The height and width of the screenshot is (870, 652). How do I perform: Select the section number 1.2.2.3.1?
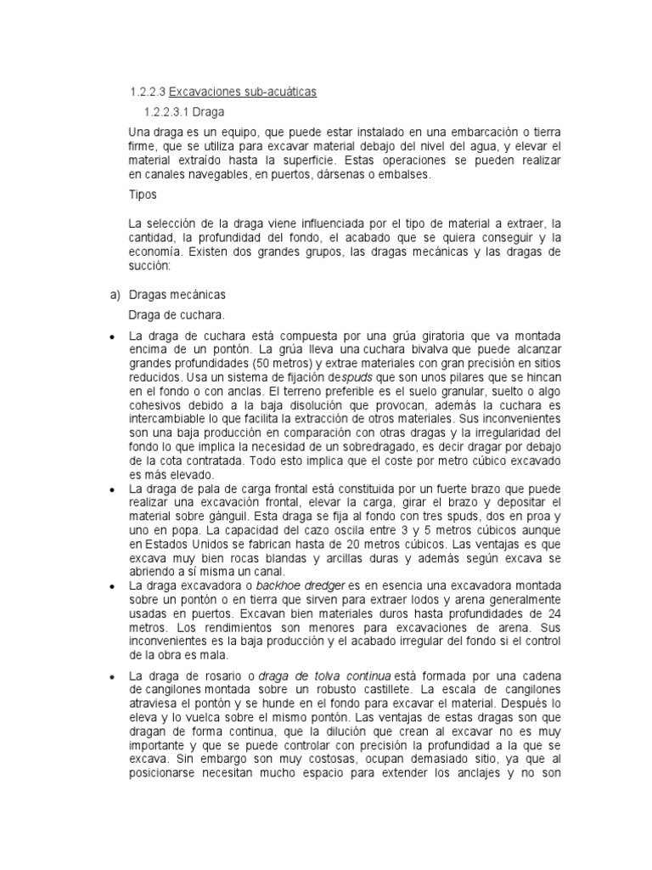(x=168, y=112)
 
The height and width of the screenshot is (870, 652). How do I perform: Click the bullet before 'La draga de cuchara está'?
(x=112, y=337)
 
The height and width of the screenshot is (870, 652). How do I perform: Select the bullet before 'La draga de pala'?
(x=112, y=490)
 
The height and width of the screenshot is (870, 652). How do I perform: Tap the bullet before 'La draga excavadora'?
(x=112, y=586)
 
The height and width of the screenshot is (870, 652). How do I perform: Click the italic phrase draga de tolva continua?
(x=312, y=675)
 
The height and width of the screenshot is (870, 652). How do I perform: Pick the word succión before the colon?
(x=149, y=266)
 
